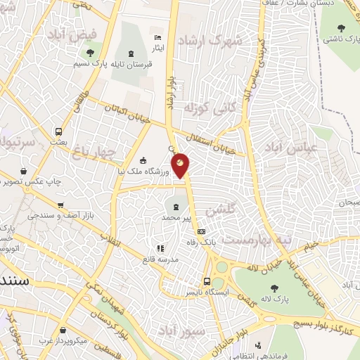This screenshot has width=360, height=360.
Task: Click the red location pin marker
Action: point(181,165)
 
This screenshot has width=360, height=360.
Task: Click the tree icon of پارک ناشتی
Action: point(341,29)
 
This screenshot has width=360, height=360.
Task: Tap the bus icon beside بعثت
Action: point(58,131)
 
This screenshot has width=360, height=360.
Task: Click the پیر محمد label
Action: point(176,219)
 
